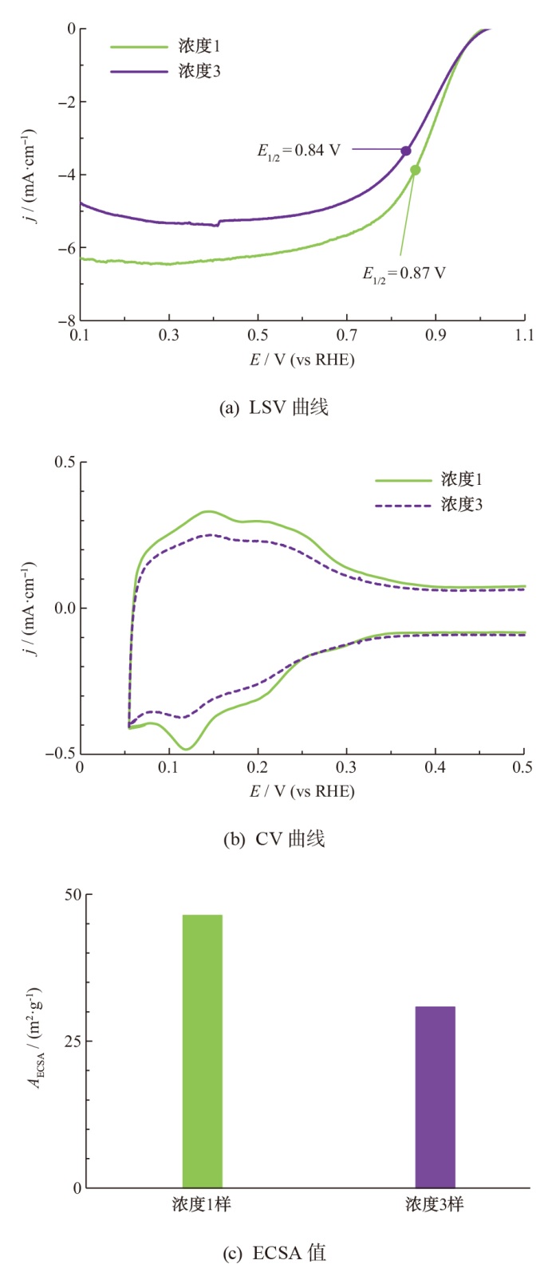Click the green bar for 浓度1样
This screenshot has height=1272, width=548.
point(203,1051)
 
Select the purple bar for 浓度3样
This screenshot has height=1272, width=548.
point(435,1097)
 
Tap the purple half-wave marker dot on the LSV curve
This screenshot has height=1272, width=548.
point(406,151)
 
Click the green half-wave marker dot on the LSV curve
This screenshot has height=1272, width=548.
point(416,170)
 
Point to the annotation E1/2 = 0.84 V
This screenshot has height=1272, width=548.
point(298,151)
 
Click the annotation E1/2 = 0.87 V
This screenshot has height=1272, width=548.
point(404,274)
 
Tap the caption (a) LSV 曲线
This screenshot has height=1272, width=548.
point(274,408)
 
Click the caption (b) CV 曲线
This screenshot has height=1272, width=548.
point(274,839)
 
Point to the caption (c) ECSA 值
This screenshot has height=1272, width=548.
point(274,1253)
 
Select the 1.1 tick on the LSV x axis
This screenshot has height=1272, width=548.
point(524,336)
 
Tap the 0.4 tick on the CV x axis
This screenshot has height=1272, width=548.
point(435,767)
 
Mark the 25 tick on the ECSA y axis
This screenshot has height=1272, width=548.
point(73,1042)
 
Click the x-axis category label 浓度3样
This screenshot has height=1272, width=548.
point(435,1204)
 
